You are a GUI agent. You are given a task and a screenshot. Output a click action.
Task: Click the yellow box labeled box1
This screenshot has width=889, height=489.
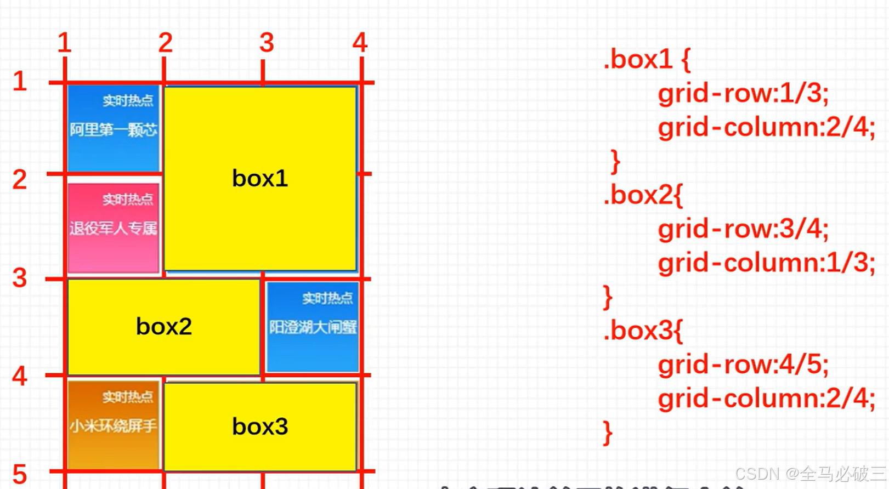point(260,179)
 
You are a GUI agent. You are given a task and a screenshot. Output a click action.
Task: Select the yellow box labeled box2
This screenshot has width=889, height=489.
point(163,327)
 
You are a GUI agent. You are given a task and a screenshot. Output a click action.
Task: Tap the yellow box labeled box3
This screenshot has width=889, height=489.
point(260,427)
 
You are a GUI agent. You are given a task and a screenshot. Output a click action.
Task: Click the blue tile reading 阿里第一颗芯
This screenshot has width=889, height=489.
point(113,128)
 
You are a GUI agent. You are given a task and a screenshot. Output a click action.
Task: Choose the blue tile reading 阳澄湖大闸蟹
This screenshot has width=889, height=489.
point(313,327)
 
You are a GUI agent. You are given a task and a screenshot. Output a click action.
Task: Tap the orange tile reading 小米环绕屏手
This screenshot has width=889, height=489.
point(113,425)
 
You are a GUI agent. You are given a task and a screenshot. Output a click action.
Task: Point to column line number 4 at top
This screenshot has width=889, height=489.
point(360,42)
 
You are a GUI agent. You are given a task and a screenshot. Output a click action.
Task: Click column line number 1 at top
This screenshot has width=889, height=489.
point(64,43)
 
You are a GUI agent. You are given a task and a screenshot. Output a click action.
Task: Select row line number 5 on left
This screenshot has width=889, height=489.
point(20,474)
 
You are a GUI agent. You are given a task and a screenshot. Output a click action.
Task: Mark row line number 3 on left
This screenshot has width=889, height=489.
point(20,277)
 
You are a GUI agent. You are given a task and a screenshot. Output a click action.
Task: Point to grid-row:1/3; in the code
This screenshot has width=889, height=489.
point(743,93)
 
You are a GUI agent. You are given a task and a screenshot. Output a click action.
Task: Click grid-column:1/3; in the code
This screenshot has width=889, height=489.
point(766,263)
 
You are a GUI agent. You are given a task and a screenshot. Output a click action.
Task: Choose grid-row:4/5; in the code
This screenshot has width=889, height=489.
point(743,365)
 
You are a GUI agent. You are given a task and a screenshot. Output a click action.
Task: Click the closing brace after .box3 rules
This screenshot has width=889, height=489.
point(607,433)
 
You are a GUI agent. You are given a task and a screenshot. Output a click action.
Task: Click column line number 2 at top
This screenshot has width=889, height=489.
point(165,43)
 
